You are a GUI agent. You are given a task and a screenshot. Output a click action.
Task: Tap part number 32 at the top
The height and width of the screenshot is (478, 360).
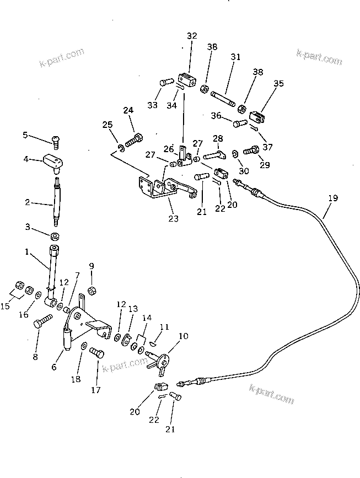click(191, 36)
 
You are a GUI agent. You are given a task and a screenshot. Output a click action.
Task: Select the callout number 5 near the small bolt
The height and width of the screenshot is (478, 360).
click(25, 135)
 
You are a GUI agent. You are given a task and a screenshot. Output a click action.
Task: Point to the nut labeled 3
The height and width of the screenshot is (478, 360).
click(55, 237)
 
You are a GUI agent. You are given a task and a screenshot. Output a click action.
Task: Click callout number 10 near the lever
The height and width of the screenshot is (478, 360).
click(183, 335)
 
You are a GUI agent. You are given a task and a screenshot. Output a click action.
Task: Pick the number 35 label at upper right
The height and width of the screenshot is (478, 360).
click(279, 84)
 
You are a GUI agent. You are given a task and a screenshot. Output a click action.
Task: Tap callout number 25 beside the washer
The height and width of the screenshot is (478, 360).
click(107, 125)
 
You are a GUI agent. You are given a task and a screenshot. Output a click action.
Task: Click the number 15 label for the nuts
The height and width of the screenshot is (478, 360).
click(6, 306)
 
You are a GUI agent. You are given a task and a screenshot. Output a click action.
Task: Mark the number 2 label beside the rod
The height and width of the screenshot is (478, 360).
click(27, 203)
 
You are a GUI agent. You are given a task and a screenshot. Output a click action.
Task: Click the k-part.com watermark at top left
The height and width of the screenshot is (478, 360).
click(62, 57)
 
